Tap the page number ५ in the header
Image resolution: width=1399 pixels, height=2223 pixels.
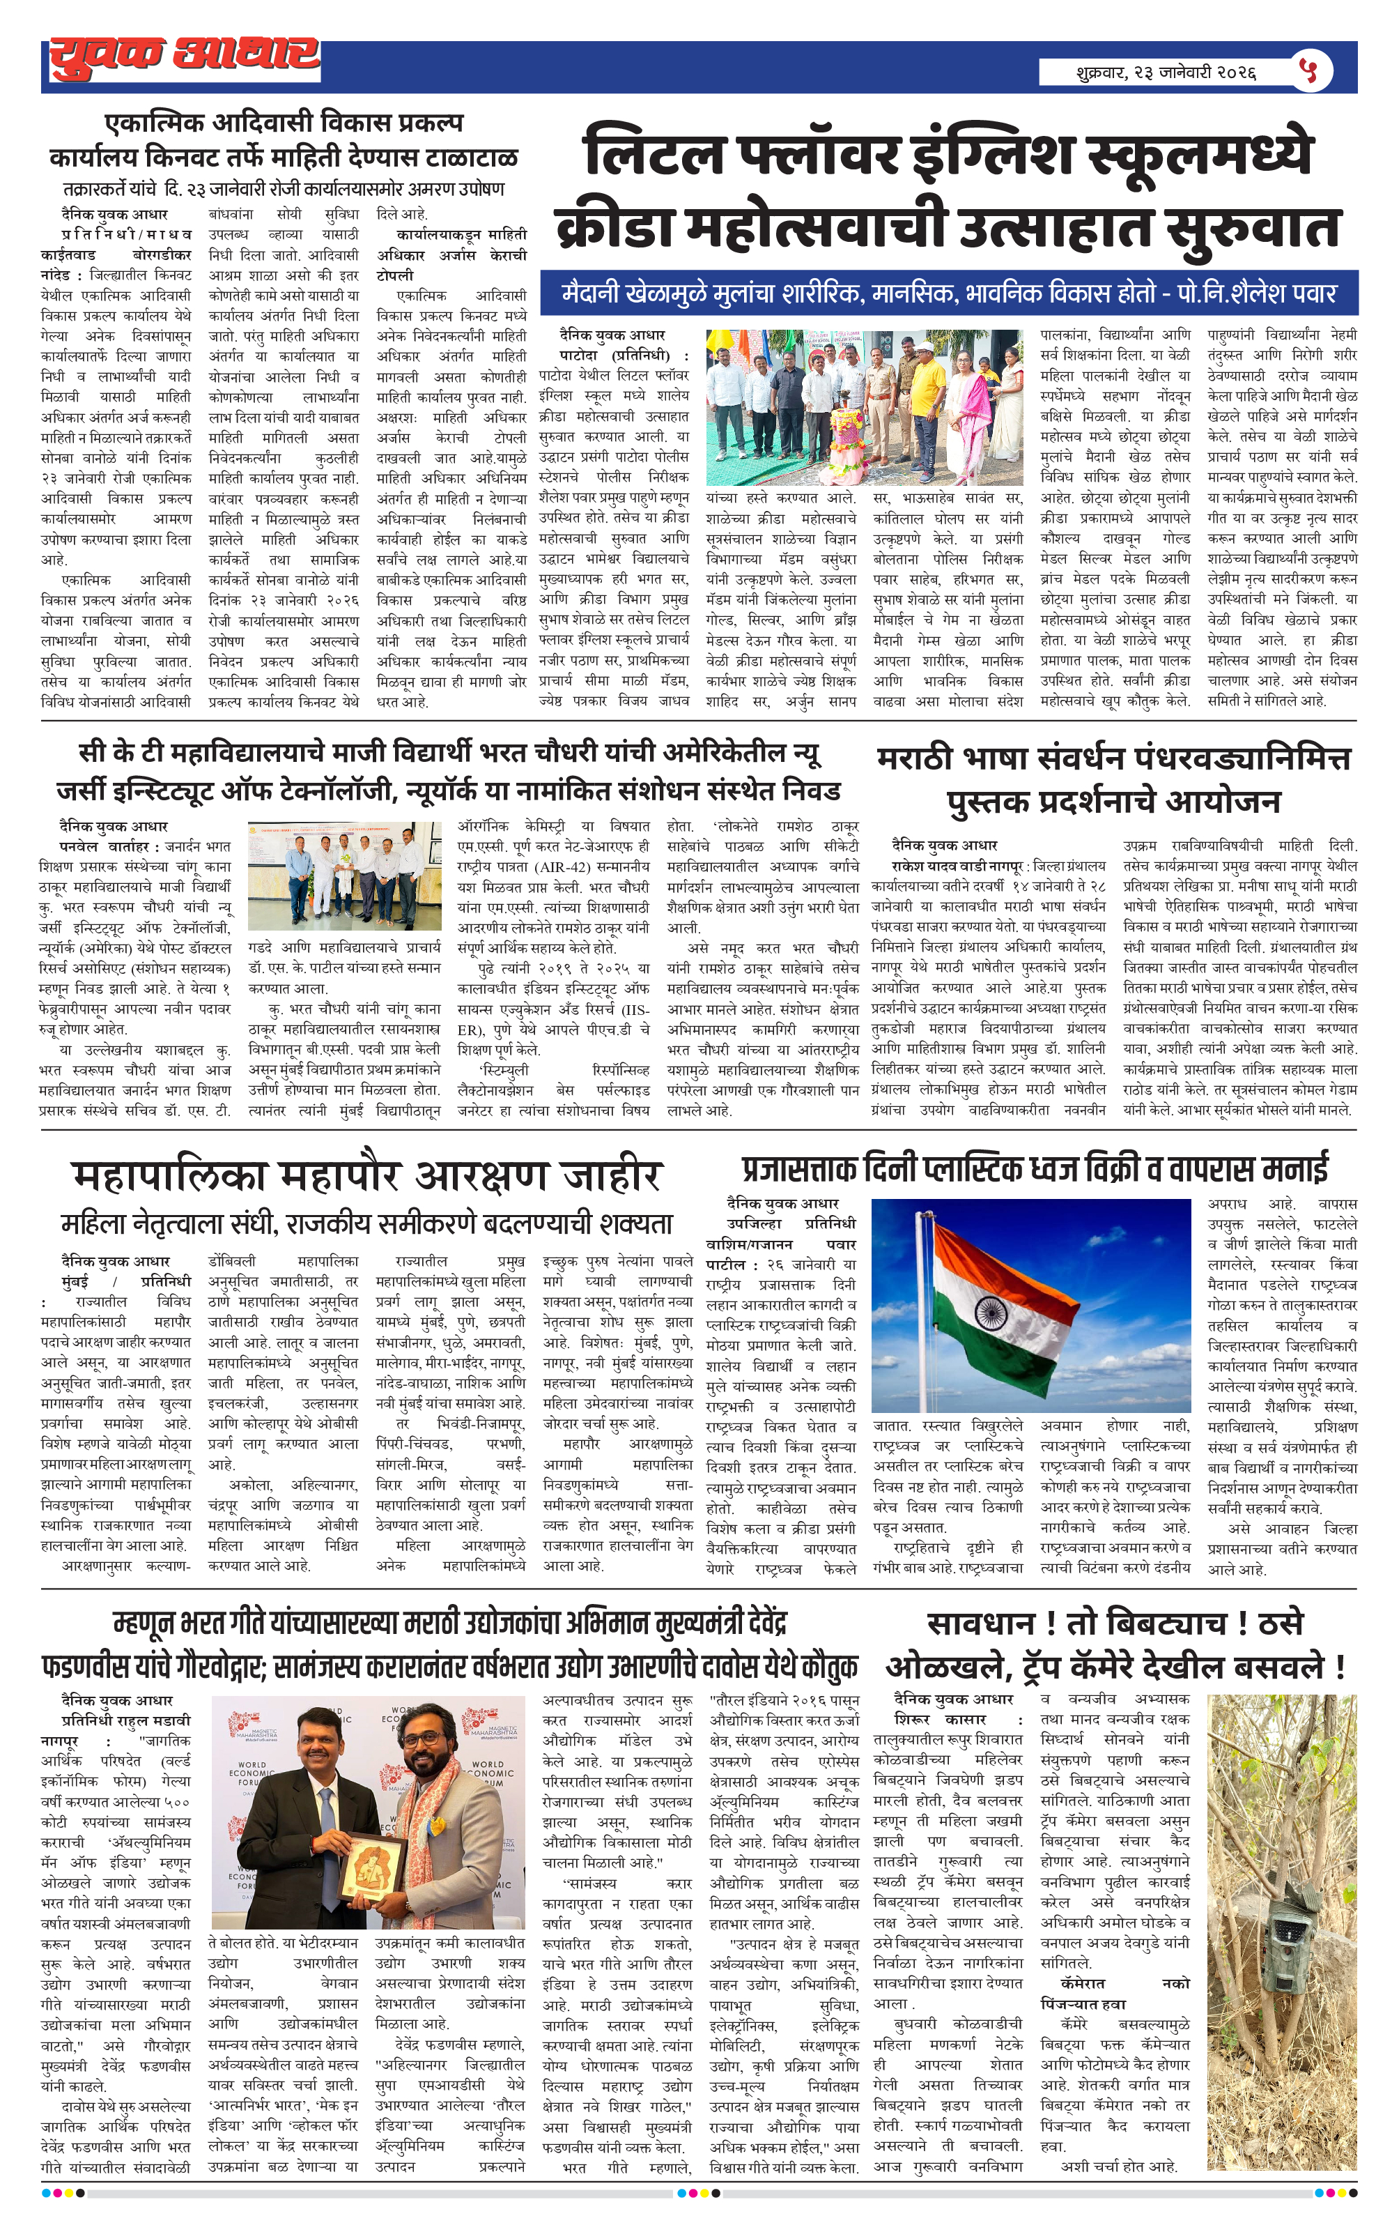1308,70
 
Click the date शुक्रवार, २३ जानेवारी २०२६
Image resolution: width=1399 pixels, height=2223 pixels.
1166,72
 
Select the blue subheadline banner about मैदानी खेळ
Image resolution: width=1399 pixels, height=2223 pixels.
949,293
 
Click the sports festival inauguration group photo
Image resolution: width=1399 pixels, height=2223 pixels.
864,407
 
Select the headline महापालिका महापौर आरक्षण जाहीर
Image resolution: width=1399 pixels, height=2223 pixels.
366,1176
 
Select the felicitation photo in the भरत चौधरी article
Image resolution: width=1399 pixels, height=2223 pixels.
344,875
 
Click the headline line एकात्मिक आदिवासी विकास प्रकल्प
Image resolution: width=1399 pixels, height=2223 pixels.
284,123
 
